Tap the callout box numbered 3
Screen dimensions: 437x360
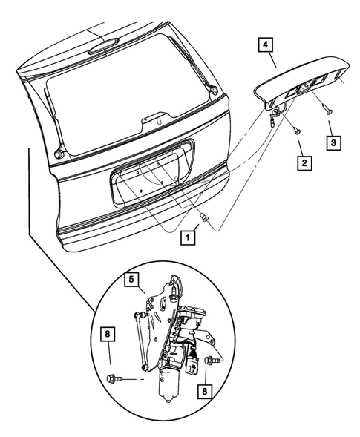pyautogui.click(x=334, y=139)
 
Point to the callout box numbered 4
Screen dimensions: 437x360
pyautogui.click(x=264, y=45)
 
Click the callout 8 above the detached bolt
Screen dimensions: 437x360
pyautogui.click(x=109, y=335)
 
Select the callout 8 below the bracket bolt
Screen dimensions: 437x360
pyautogui.click(x=203, y=390)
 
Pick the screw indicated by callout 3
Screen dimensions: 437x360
pyautogui.click(x=327, y=108)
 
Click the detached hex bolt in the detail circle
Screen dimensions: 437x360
pyautogui.click(x=114, y=380)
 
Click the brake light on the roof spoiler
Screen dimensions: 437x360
pyautogui.click(x=102, y=51)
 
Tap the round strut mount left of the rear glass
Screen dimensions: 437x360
pyautogui.click(x=56, y=153)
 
